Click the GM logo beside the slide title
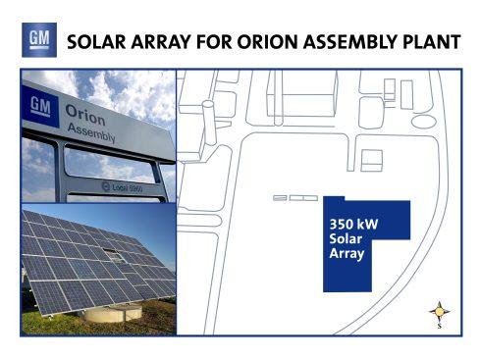(x=39, y=40)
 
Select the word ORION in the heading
(x=268, y=42)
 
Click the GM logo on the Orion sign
(x=40, y=106)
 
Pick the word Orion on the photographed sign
(x=85, y=115)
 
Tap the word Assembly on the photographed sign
(x=91, y=133)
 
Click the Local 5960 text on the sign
(x=123, y=187)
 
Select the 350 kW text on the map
(x=353, y=225)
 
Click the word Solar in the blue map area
(x=346, y=238)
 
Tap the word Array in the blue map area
(x=347, y=254)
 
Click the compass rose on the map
(x=440, y=312)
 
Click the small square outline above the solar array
(x=372, y=161)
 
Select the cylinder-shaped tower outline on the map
(x=209, y=123)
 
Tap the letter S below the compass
(x=440, y=326)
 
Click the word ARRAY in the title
(x=161, y=42)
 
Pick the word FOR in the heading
(x=214, y=42)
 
